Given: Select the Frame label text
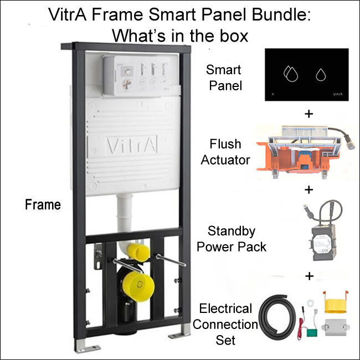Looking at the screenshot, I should click(43, 205).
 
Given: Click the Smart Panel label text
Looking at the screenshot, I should click(224, 78).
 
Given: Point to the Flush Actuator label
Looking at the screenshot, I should click(225, 152).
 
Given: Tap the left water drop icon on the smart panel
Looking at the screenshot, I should click(290, 74).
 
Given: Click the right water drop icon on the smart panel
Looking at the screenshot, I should click(321, 74).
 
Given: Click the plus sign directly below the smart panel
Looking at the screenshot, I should click(308, 114).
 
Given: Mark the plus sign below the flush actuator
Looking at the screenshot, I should click(308, 190).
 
